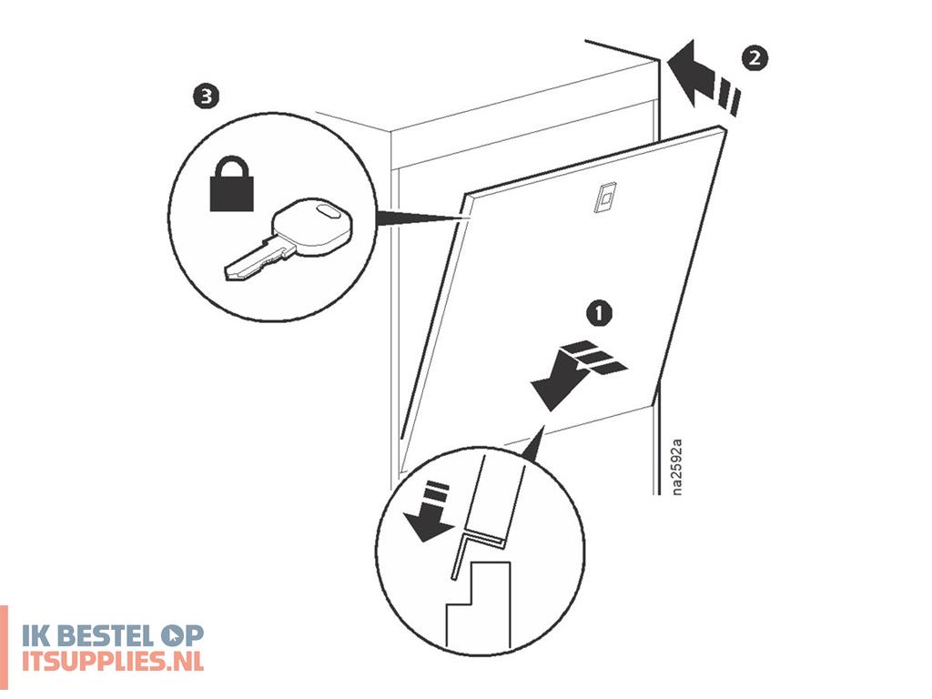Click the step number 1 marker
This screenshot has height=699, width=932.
pyautogui.click(x=599, y=313)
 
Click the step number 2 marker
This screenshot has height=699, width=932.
pyautogui.click(x=755, y=58)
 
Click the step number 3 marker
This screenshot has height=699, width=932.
pyautogui.click(x=207, y=96)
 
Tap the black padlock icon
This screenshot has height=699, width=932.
pyautogui.click(x=232, y=184)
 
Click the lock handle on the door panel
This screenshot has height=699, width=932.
pyautogui.click(x=605, y=197)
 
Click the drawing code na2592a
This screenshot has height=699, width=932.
pyautogui.click(x=676, y=467)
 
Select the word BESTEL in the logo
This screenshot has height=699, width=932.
pyautogui.click(x=109, y=636)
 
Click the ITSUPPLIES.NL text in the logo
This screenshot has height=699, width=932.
pyautogui.click(x=113, y=661)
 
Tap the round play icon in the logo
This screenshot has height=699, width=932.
pyautogui.click(x=173, y=636)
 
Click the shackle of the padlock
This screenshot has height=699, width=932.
pyautogui.click(x=232, y=167)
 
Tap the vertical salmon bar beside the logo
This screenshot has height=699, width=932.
pyautogui.click(x=4, y=648)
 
